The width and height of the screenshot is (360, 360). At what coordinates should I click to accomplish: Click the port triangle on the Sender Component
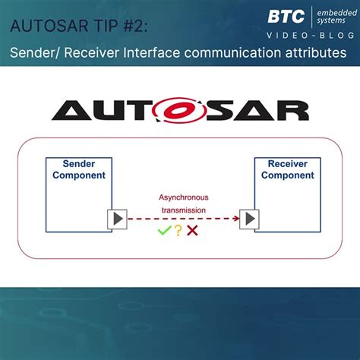pos(117,219)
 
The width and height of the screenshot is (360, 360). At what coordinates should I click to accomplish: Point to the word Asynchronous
pos(183,197)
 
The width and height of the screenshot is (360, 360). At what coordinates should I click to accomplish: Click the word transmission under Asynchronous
pos(183,211)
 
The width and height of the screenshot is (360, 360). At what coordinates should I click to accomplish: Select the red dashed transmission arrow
pos(182,219)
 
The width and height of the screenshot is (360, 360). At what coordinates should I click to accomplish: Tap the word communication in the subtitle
pos(237,53)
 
